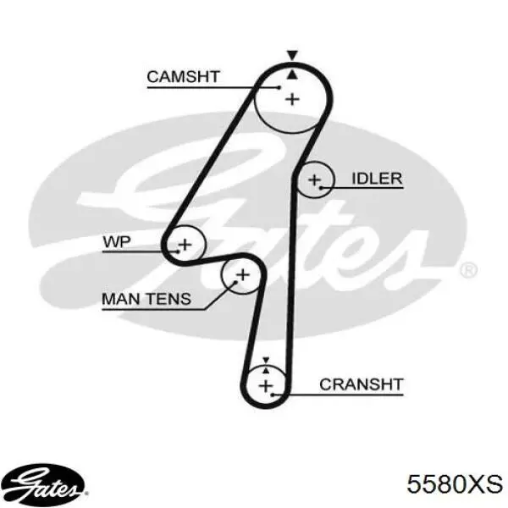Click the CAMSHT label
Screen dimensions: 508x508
tap(184, 77)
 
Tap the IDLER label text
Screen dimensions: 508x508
tap(377, 179)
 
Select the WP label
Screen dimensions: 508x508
tap(117, 241)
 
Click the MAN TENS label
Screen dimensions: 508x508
tap(146, 299)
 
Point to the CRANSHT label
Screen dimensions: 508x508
tap(362, 384)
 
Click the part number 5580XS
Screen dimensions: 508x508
tap(455, 484)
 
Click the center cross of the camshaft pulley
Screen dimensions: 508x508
tap(292, 99)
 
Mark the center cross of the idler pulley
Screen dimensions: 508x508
tap(314, 179)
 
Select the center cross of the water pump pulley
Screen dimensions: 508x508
tap(185, 245)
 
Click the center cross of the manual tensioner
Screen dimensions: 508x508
tap(243, 275)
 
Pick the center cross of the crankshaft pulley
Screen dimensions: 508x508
tap(266, 386)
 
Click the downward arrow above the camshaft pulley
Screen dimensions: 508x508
tap(292, 55)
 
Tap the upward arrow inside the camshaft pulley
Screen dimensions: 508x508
tap(292, 75)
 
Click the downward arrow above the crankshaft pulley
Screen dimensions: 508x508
tap(266, 361)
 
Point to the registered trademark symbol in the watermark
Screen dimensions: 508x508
tap(468, 270)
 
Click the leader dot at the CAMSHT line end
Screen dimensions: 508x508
tap(279, 87)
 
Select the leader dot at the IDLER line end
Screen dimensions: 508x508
tap(321, 188)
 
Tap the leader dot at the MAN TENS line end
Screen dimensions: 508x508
tap(236, 282)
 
